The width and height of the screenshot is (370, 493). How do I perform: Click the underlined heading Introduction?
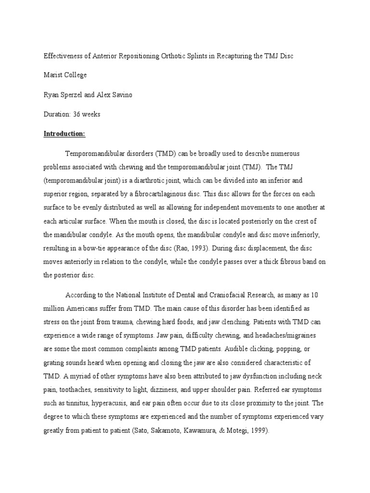click(64, 134)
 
